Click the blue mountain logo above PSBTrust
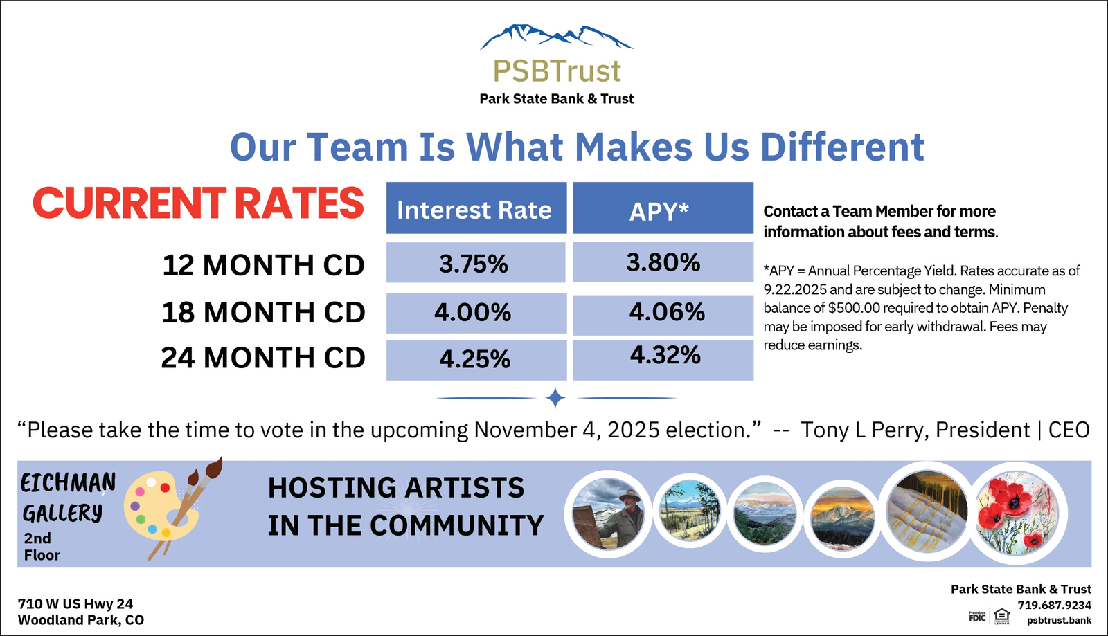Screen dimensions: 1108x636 coord(557,37)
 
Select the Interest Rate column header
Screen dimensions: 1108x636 coord(476,208)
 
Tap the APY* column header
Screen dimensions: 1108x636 coord(663,208)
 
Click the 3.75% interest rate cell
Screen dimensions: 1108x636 coord(476,262)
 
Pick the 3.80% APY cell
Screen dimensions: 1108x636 coord(663,262)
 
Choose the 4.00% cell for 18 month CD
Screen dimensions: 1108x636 coord(476,314)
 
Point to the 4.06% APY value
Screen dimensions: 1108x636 coord(667,312)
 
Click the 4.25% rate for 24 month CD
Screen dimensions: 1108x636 coord(476,360)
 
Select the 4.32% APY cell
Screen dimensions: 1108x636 coord(663,360)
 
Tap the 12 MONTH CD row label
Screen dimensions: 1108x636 coord(263,265)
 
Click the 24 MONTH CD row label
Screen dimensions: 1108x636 coord(262,357)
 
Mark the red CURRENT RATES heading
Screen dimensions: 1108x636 coord(198,203)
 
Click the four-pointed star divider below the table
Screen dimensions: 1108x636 coord(555,398)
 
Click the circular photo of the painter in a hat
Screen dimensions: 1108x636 coord(609,514)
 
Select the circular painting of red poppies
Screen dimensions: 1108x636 coord(1017,513)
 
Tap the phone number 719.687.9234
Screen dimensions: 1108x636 coord(1054,605)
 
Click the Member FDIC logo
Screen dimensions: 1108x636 coord(977,616)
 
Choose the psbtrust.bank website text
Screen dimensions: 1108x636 coord(1059,620)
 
